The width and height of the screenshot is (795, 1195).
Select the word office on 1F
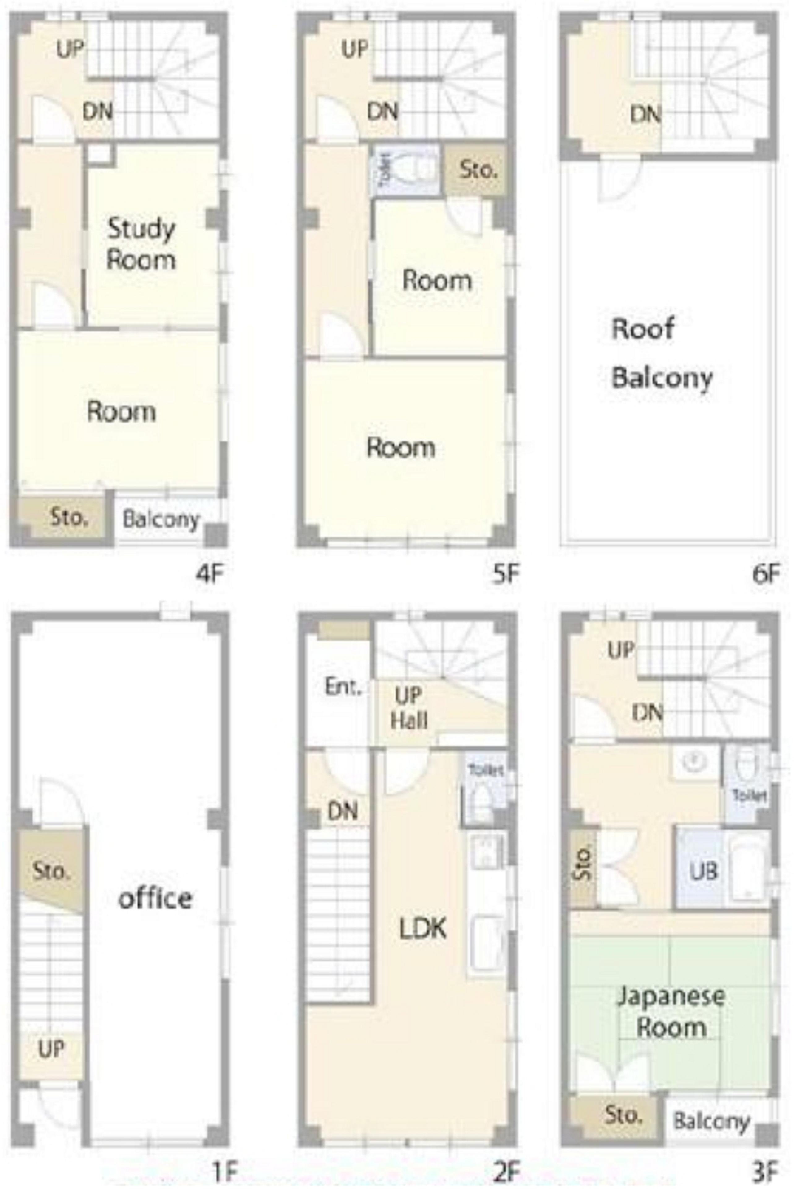pos(155,898)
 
